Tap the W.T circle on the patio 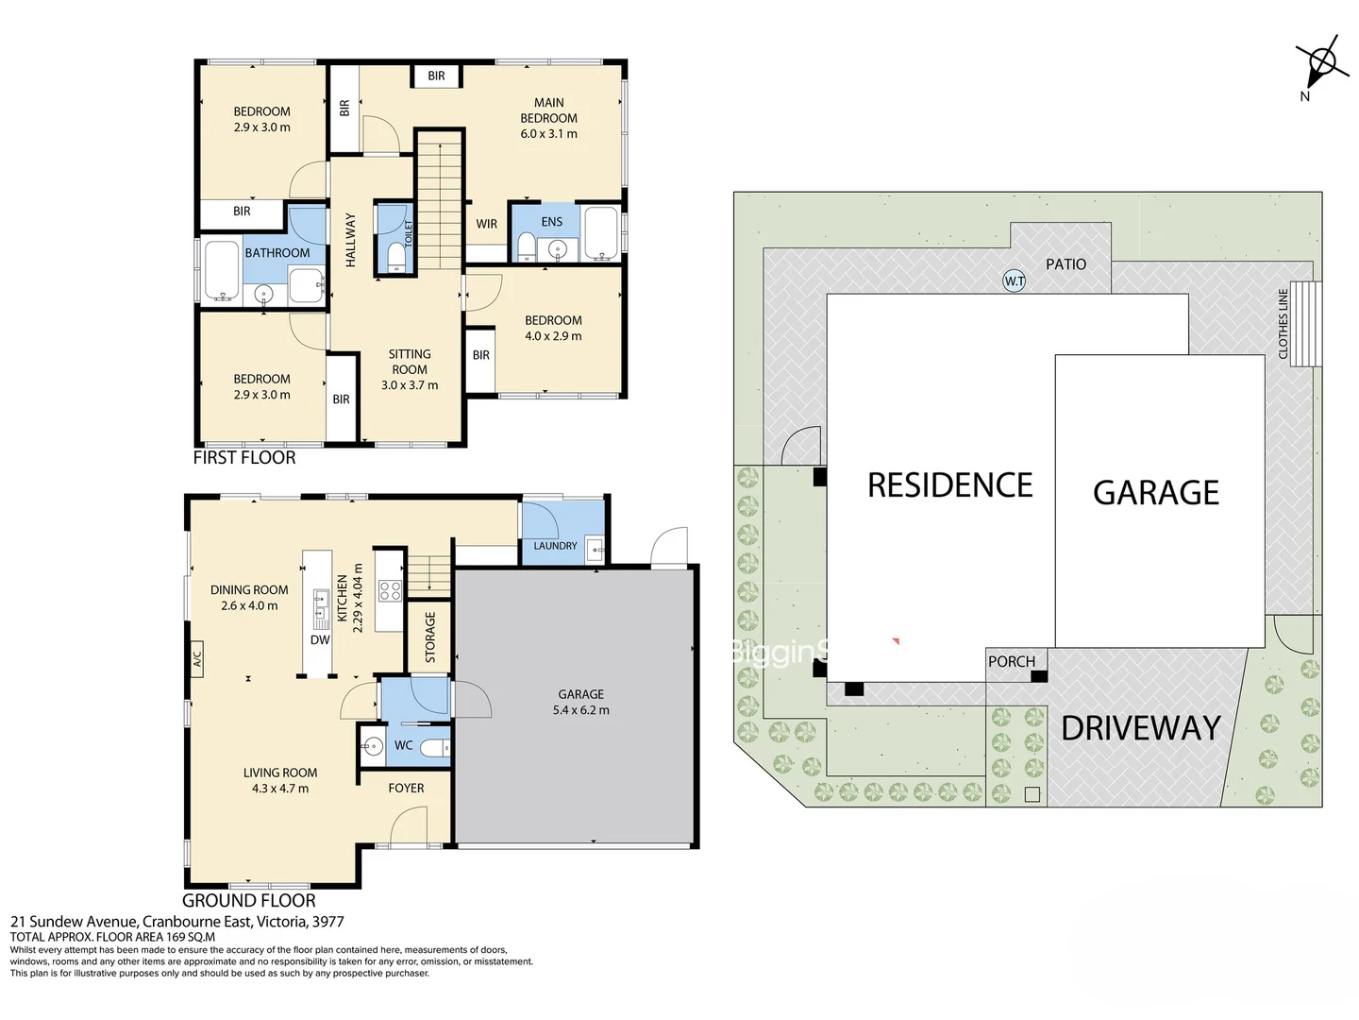[1014, 280]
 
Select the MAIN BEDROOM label [548, 110]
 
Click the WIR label [486, 224]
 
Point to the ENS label [552, 222]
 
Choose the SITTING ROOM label [410, 362]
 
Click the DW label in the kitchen [320, 639]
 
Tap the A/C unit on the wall [196, 657]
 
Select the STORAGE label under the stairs [430, 637]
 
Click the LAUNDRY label [555, 546]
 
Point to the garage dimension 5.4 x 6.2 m [580, 710]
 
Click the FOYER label [406, 788]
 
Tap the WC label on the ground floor [403, 745]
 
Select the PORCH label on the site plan [1012, 662]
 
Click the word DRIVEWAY [1141, 728]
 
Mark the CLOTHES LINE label [1283, 323]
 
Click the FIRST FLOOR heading [244, 458]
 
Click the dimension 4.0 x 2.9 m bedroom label [553, 336]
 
